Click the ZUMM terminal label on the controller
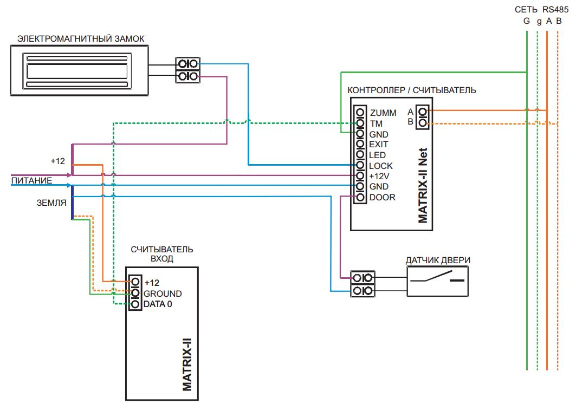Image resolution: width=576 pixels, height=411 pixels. pos(383,113)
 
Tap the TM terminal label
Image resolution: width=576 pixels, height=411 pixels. pos(376,123)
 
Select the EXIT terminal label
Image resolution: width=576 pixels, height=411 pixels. pos(378,144)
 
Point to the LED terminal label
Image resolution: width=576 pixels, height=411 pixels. pos(377,155)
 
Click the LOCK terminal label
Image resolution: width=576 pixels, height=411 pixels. pos(380,166)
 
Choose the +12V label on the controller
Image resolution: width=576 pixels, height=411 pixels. pos(379,176)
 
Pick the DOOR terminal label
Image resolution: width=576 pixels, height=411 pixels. pos(383,198)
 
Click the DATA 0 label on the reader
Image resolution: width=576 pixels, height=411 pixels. pos(158,304)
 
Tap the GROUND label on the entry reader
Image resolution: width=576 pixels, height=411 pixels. pos(163,293)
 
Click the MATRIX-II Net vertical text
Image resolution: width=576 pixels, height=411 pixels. pos(423,185)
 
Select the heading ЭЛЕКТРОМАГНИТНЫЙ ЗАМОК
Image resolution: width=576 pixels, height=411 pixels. pos(81,38)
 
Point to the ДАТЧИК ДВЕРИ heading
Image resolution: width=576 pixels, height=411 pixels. pos(438,260)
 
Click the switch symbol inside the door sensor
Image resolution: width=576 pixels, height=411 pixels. pos(437,277)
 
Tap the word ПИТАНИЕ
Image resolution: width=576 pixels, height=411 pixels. pos(31,180)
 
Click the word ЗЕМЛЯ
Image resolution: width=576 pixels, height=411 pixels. pos(51,203)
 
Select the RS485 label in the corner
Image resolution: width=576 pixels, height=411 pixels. pos(555,10)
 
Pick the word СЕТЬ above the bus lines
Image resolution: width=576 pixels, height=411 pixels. pos(526,10)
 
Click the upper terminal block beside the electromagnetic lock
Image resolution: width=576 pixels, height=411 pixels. pos(187,64)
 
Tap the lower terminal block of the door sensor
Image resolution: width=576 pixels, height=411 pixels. pos(363,291)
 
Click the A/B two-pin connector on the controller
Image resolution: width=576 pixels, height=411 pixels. pos(423,117)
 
